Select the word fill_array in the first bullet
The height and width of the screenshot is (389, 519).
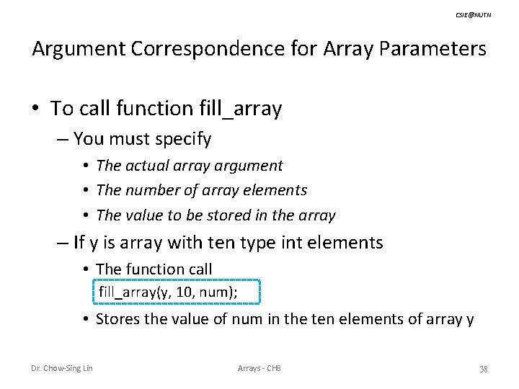239,109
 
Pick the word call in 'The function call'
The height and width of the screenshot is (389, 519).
198,269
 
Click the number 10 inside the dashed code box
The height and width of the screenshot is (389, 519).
174,291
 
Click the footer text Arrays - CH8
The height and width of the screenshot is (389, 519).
259,370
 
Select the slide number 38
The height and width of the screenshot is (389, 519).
484,370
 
